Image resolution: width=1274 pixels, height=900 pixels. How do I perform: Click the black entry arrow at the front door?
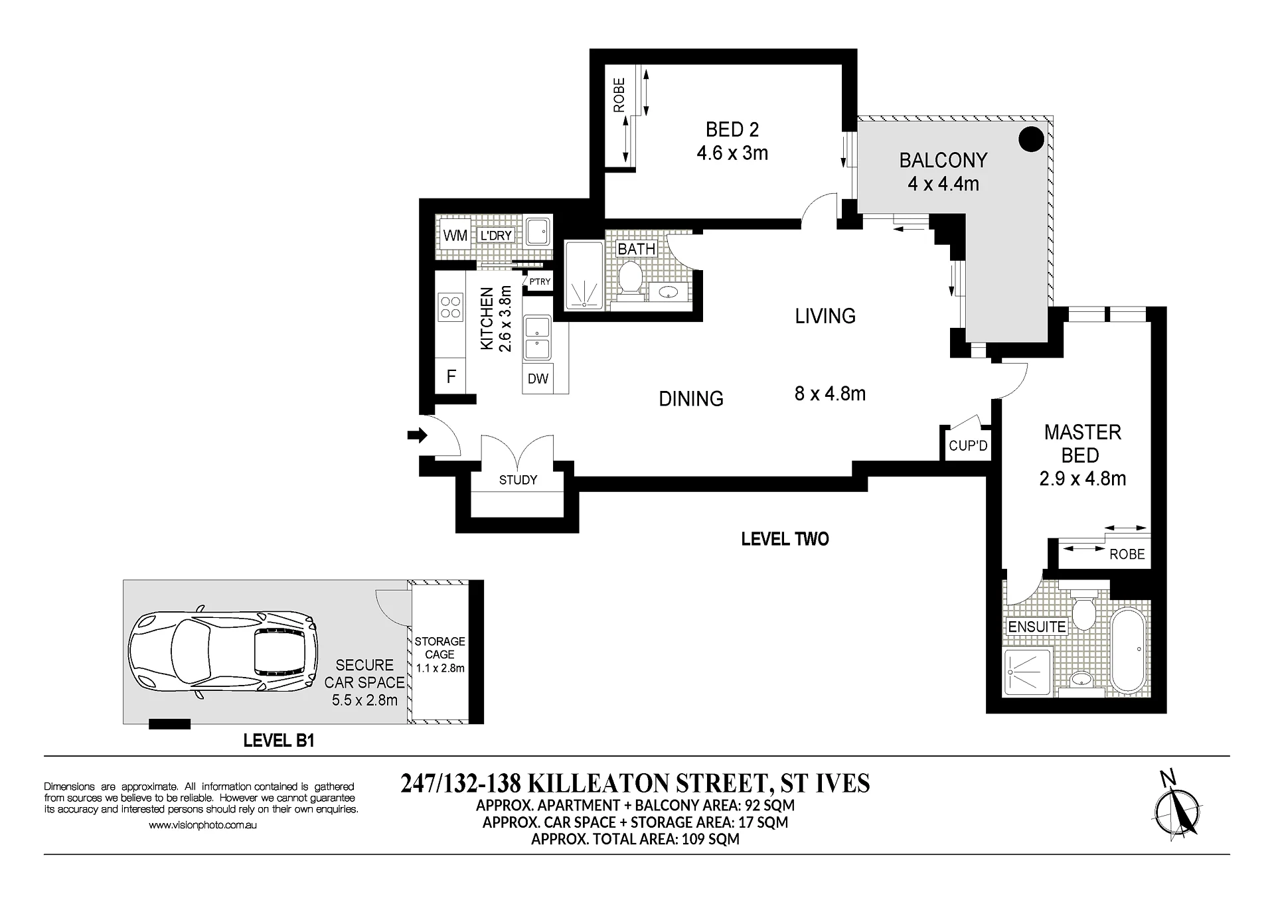coord(417,435)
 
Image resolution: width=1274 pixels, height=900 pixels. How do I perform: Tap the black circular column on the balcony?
coord(1031,139)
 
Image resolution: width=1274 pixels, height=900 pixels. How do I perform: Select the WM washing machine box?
coord(455,235)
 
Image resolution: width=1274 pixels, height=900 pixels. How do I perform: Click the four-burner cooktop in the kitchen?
coord(451,307)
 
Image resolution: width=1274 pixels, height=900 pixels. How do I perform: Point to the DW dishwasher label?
coord(538,378)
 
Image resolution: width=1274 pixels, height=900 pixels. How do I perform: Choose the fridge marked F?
coord(451,376)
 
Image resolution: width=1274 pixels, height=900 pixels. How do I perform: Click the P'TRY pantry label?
coord(540,281)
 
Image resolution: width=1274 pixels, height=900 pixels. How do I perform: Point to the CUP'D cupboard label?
coord(968,446)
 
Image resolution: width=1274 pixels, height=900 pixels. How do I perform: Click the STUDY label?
coord(518,480)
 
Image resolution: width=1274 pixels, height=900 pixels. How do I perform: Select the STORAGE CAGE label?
coord(439,648)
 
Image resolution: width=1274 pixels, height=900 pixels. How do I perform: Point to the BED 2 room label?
coord(732,129)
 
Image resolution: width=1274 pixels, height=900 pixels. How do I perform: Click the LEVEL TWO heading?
coord(785,539)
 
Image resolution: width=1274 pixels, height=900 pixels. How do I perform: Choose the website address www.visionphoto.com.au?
coord(202,826)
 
